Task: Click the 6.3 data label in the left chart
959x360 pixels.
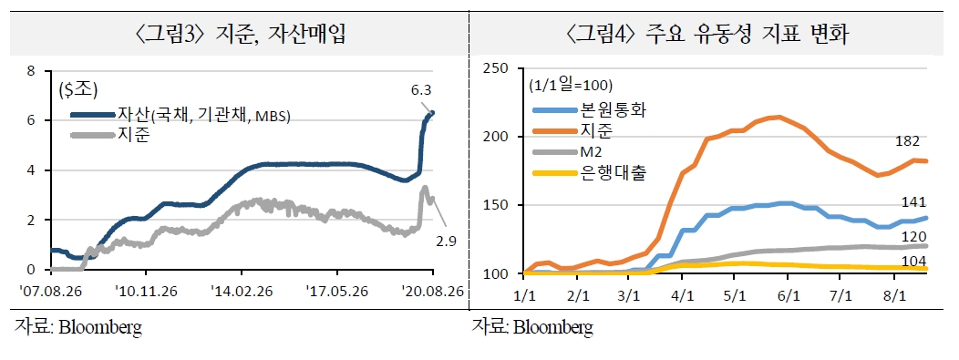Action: (x=421, y=90)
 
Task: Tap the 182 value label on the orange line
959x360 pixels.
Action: (x=907, y=141)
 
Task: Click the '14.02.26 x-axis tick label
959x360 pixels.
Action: (x=242, y=291)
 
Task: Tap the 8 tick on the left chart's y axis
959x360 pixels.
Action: (x=31, y=71)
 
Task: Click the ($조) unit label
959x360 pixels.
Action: (x=78, y=90)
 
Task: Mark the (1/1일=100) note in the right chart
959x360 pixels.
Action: (x=571, y=85)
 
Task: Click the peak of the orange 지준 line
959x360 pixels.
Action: (x=778, y=117)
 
